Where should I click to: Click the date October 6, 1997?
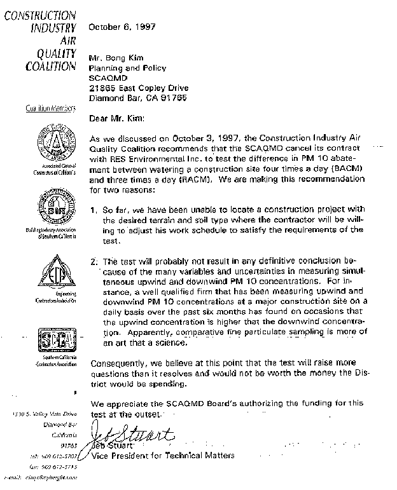122,27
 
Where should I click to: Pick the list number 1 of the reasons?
93,210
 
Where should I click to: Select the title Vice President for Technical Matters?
163,455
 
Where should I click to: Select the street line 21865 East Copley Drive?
139,88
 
